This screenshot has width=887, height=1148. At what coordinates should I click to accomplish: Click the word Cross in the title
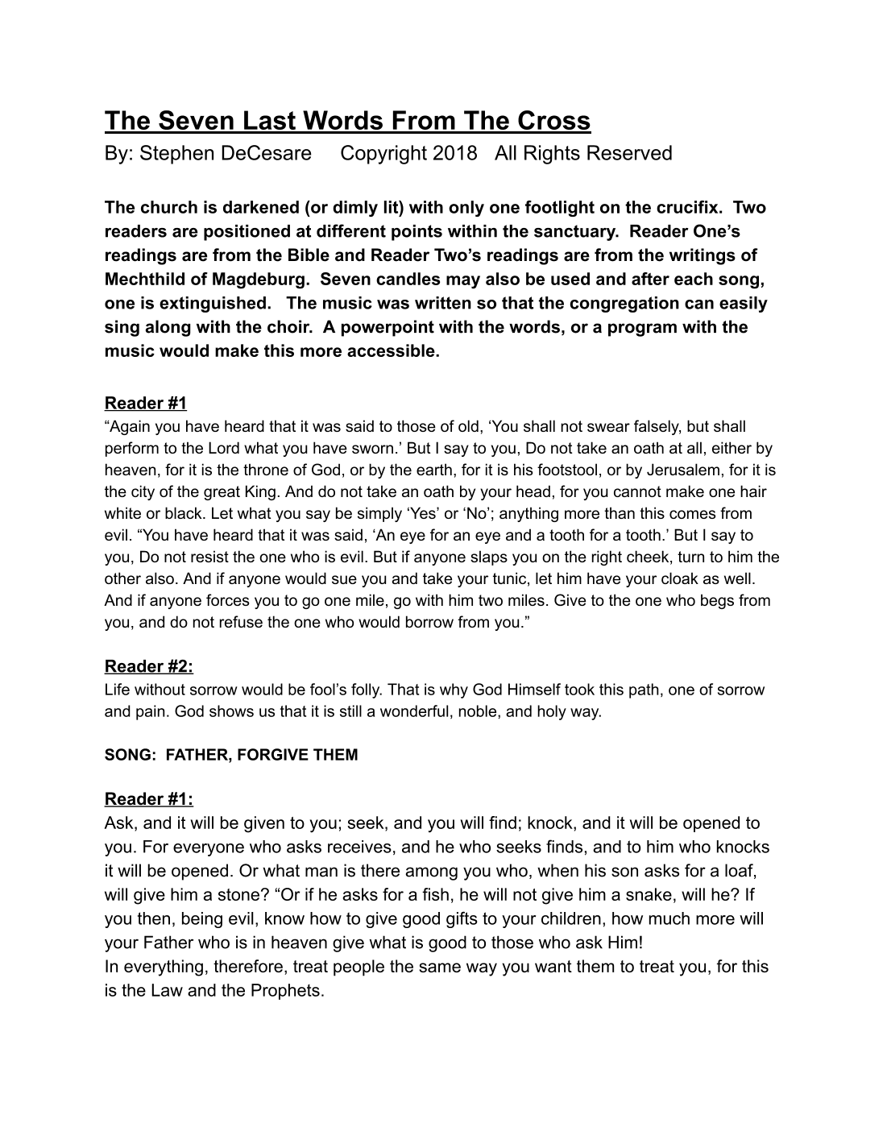548,121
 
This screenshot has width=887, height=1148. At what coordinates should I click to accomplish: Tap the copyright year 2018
455,153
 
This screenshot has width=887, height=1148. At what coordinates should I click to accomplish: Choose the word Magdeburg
262,280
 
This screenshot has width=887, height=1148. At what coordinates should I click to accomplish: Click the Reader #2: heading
149,666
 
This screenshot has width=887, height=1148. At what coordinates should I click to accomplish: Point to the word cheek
650,557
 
